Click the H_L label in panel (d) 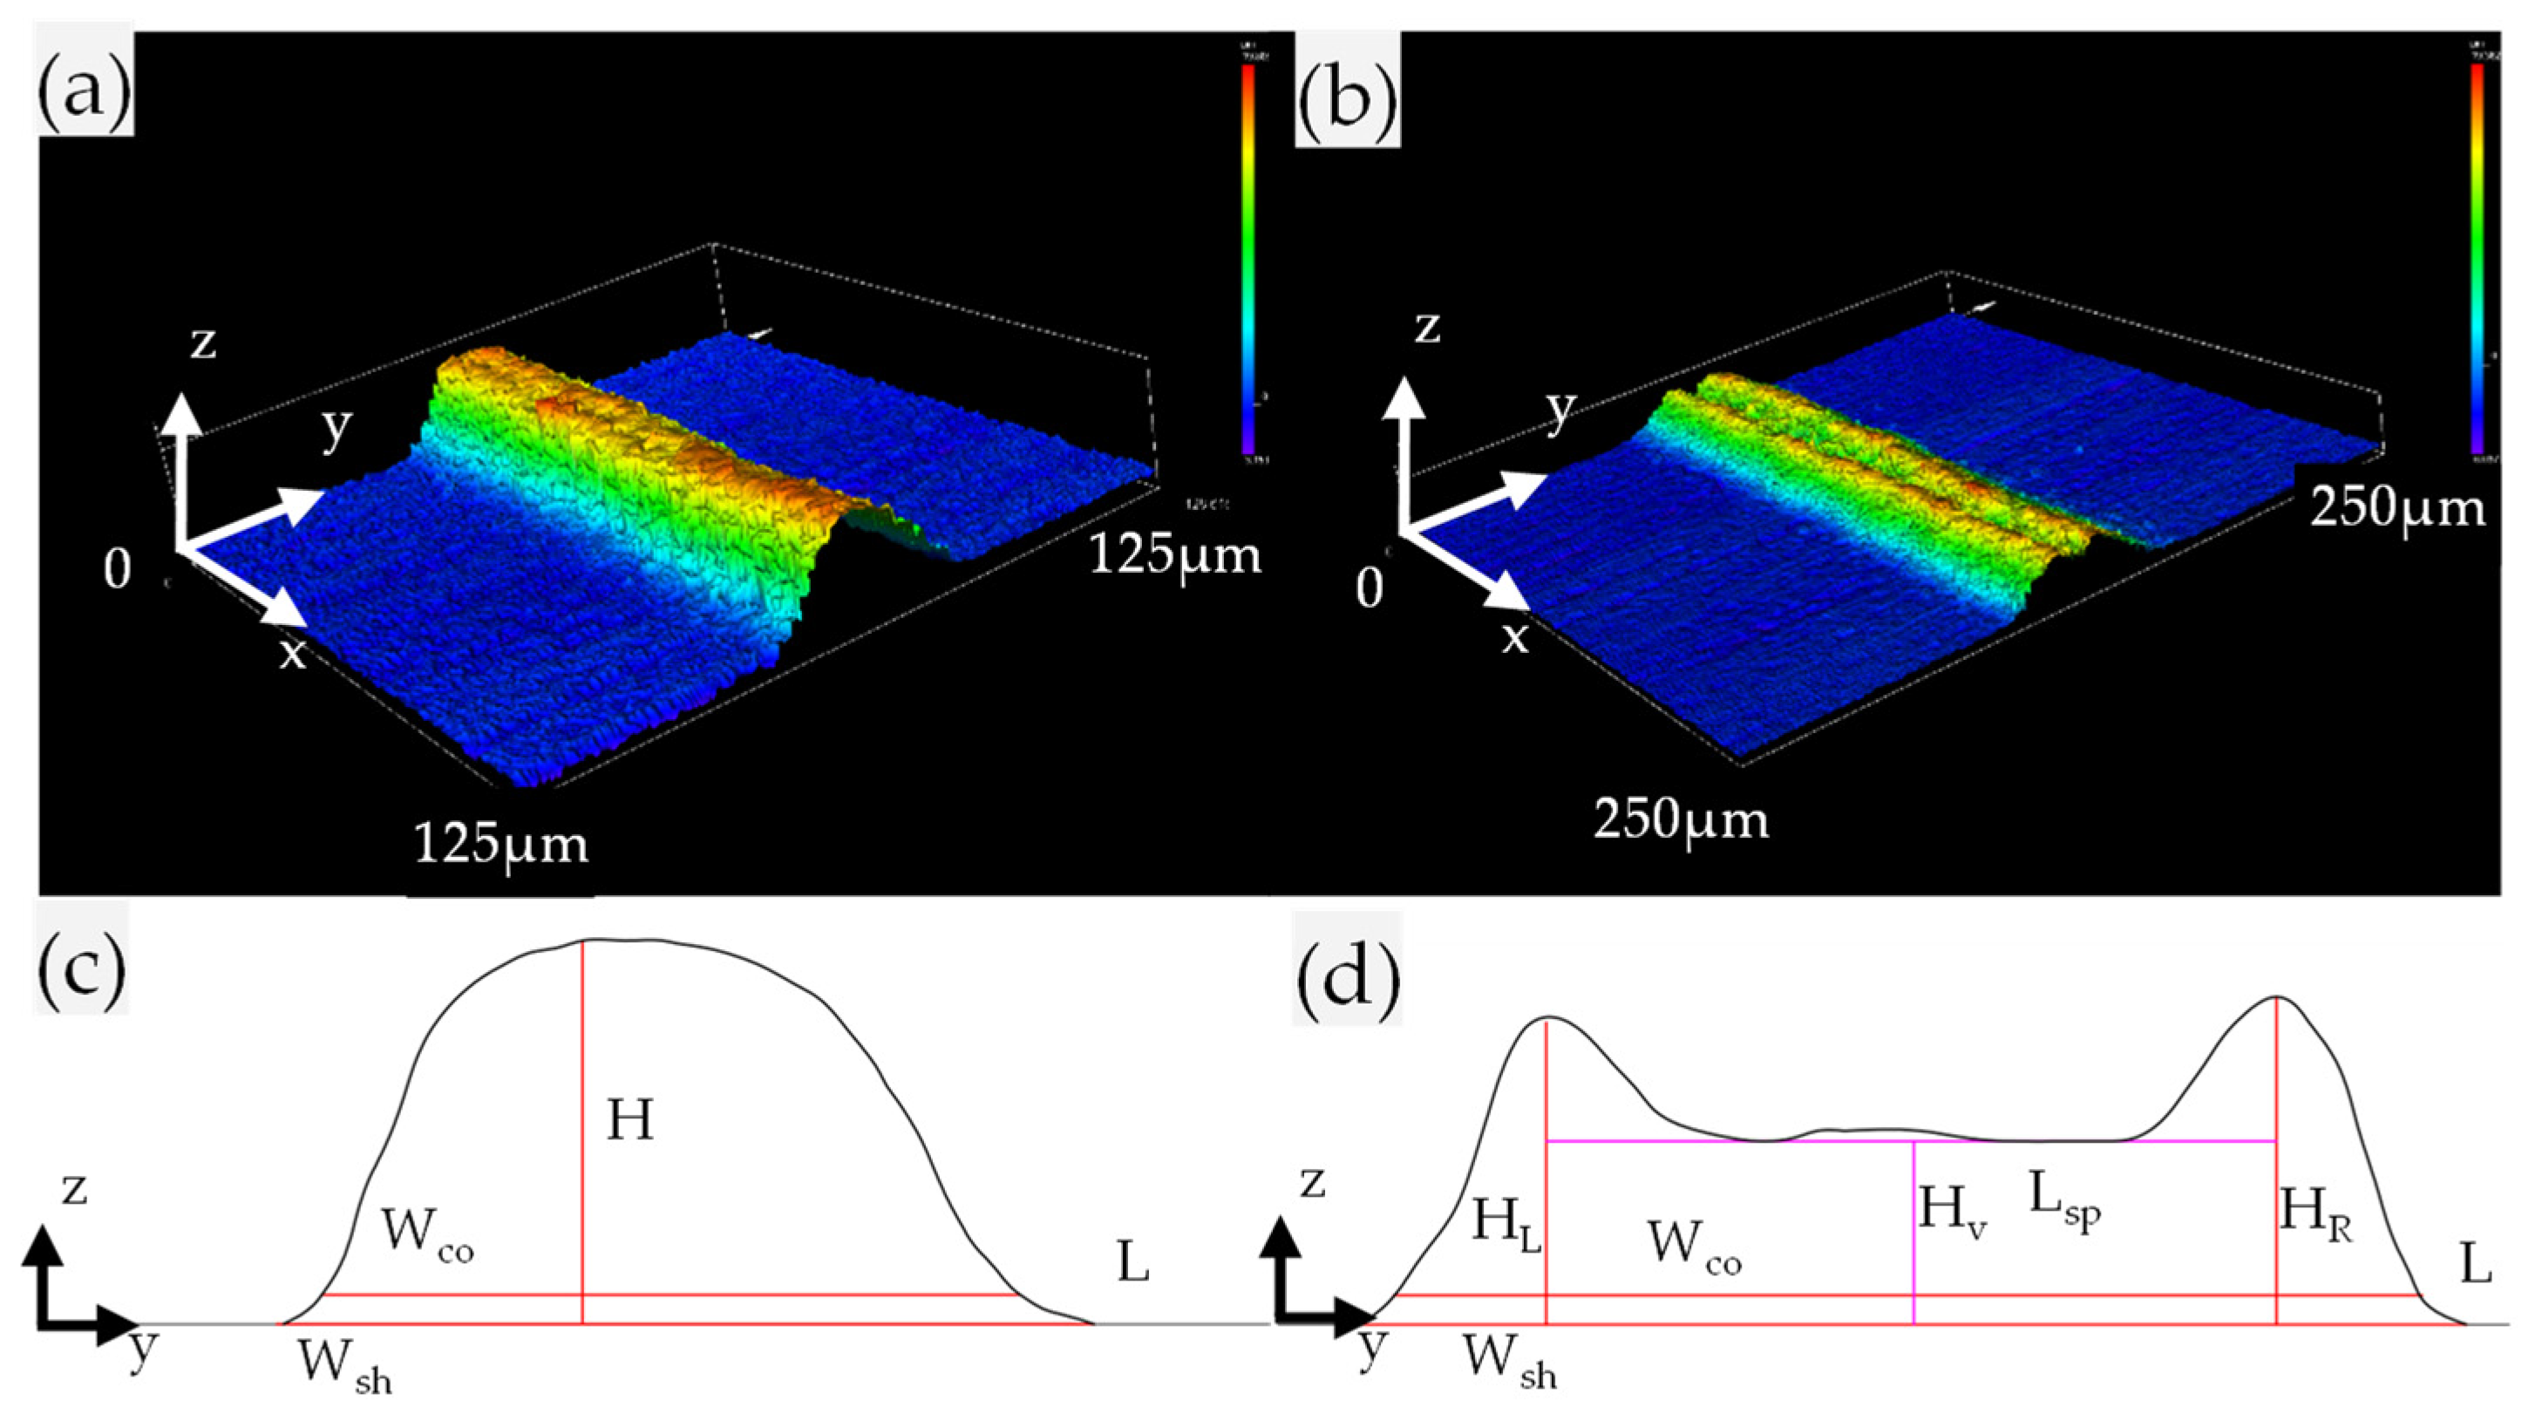pyautogui.click(x=1505, y=1224)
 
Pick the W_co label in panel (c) pyautogui.click(x=427, y=1234)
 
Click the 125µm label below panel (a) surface pyautogui.click(x=500, y=844)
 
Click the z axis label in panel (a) pyautogui.click(x=202, y=343)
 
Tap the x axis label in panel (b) pyautogui.click(x=1515, y=638)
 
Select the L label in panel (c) pyautogui.click(x=1133, y=1263)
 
